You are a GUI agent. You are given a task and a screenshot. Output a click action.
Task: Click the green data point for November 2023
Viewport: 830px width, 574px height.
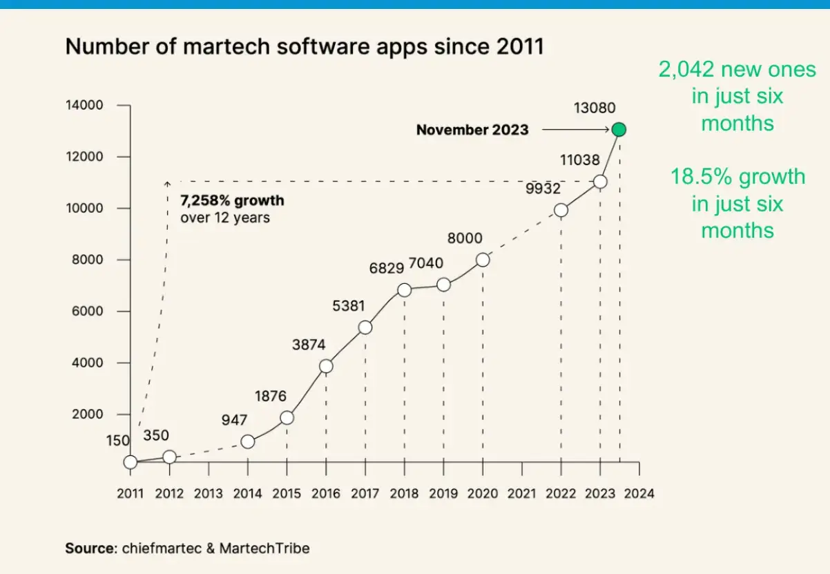(x=619, y=129)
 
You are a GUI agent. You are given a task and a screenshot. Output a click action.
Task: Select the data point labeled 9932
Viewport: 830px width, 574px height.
(x=561, y=210)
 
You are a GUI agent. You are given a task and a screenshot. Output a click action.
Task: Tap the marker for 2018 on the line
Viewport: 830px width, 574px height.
(x=405, y=290)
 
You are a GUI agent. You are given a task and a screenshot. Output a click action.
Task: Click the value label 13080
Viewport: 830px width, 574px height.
(x=595, y=108)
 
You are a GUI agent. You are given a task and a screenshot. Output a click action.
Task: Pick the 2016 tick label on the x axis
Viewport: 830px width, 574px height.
(x=326, y=494)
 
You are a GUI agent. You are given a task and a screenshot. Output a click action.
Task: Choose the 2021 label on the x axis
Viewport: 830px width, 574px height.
(x=522, y=494)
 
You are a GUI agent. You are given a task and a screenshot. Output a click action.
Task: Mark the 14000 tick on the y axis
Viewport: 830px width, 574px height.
(x=85, y=105)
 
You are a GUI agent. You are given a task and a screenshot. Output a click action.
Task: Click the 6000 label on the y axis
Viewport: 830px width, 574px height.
(x=88, y=311)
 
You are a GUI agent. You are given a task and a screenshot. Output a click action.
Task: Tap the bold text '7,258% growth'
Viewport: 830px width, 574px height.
(x=232, y=202)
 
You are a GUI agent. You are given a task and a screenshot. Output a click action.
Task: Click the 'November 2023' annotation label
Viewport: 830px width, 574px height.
(x=472, y=129)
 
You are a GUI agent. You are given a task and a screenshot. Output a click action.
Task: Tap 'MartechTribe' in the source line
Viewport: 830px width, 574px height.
(x=264, y=548)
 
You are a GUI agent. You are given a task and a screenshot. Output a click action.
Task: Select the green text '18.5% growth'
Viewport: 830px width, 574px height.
(x=737, y=177)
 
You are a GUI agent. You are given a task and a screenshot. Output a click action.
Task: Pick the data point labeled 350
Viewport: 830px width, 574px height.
(x=169, y=457)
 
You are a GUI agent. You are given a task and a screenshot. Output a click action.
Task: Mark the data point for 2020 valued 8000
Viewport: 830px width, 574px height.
(x=483, y=260)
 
